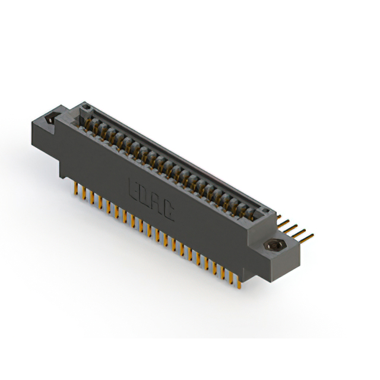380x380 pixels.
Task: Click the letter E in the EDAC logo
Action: click(134, 189)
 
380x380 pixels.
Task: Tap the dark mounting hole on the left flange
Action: click(52, 119)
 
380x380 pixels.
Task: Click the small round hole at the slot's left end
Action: click(85, 107)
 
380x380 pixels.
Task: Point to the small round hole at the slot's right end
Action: click(267, 211)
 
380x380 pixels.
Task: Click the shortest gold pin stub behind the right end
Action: click(279, 216)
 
